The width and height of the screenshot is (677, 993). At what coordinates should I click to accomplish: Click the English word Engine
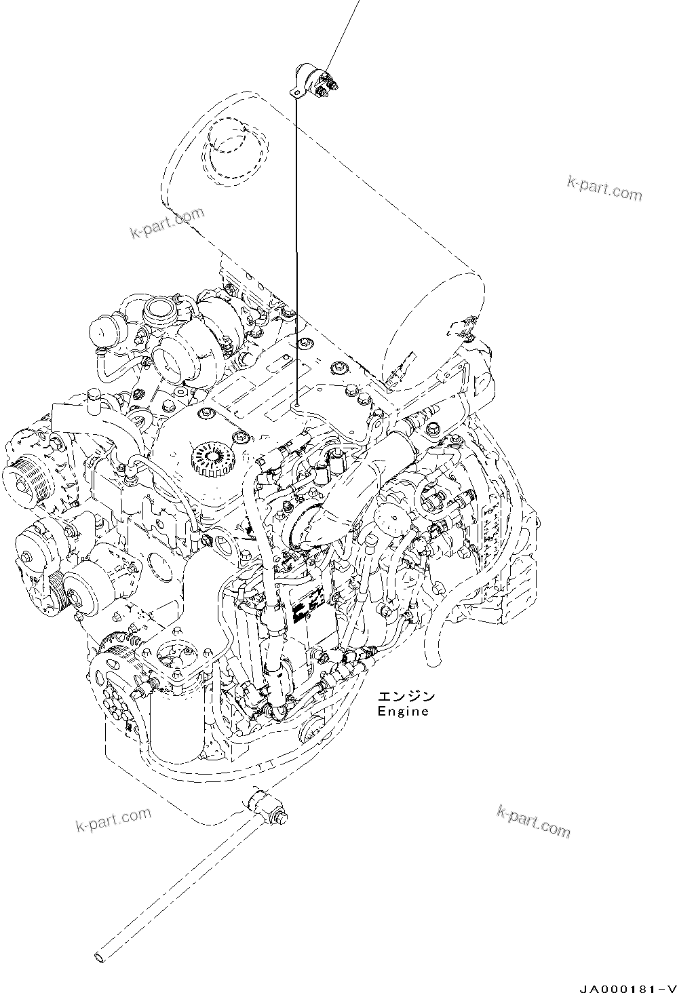pyautogui.click(x=403, y=711)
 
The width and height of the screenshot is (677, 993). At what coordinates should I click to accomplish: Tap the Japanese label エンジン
pyautogui.click(x=406, y=697)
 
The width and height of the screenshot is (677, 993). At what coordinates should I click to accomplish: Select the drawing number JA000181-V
pyautogui.click(x=629, y=988)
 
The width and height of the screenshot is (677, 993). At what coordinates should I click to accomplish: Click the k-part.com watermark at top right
pyautogui.click(x=604, y=189)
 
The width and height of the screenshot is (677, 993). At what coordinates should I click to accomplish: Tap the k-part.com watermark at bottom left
pyautogui.click(x=113, y=820)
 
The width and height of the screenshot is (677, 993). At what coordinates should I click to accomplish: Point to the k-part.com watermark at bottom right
pyautogui.click(x=533, y=821)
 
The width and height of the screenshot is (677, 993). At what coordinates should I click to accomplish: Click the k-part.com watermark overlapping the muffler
pyautogui.click(x=168, y=222)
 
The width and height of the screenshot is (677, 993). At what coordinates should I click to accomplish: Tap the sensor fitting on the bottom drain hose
pyautogui.click(x=267, y=807)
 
